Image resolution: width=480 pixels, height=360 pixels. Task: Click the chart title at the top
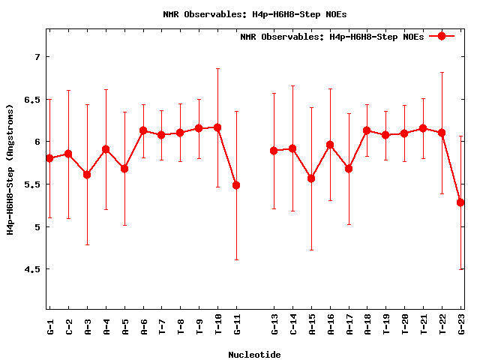pos(254,14)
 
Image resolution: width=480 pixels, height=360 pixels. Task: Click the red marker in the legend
pos(442,36)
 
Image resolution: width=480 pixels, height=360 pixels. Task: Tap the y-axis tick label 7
pos(36,57)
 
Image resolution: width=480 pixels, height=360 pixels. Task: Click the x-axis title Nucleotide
pos(254,355)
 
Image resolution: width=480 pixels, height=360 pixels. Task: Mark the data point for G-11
pos(236,185)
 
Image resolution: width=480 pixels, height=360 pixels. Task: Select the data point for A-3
pos(87,175)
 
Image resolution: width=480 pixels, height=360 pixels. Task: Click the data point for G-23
pos(460,202)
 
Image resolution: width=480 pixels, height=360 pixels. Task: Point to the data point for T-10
pos(217,127)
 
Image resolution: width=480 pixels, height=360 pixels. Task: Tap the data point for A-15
pos(311,178)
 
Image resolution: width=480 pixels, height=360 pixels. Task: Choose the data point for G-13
pos(274,151)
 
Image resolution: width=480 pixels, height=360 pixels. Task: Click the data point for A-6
pos(143,130)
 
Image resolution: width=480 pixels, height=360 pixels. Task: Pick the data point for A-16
pos(330,145)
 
